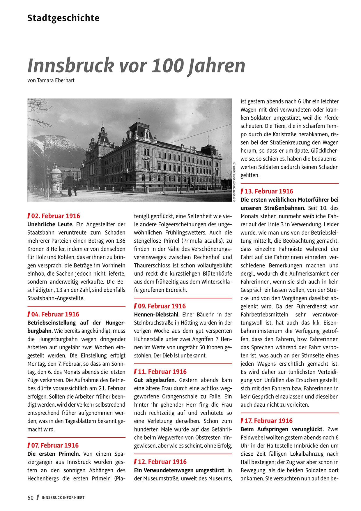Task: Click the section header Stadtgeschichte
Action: [x=63, y=18]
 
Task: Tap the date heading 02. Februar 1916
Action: [x=55, y=216]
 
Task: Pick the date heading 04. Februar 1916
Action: [x=55, y=314]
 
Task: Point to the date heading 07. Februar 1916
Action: [x=55, y=445]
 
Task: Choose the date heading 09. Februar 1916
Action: [x=162, y=306]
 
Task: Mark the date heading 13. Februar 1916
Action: [x=269, y=191]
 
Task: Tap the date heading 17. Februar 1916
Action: [x=268, y=421]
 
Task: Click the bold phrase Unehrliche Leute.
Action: [x=50, y=224]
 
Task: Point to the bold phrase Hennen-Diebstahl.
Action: [x=157, y=315]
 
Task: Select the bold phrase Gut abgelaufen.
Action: [x=155, y=380]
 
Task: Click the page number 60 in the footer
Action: [x=31, y=498]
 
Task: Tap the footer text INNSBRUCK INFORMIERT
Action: [x=63, y=498]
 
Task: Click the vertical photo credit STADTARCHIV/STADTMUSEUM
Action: [x=234, y=181]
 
